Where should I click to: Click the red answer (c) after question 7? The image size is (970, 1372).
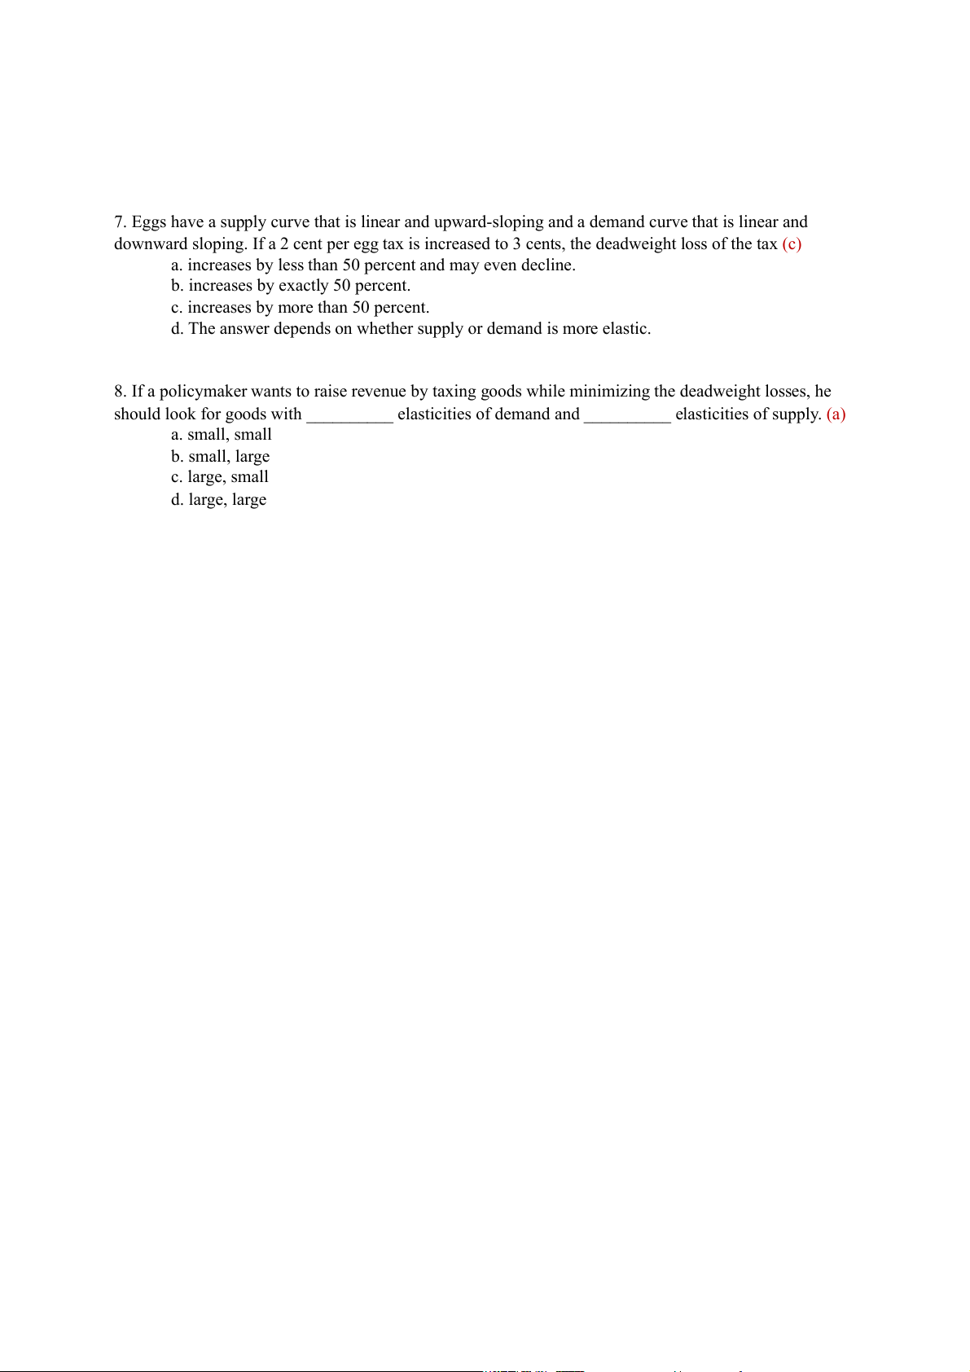[x=792, y=244]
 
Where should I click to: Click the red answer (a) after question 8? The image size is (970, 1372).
[x=836, y=414]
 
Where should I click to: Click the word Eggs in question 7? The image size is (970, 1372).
[x=150, y=222]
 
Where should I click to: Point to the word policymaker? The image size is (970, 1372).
[x=203, y=392]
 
